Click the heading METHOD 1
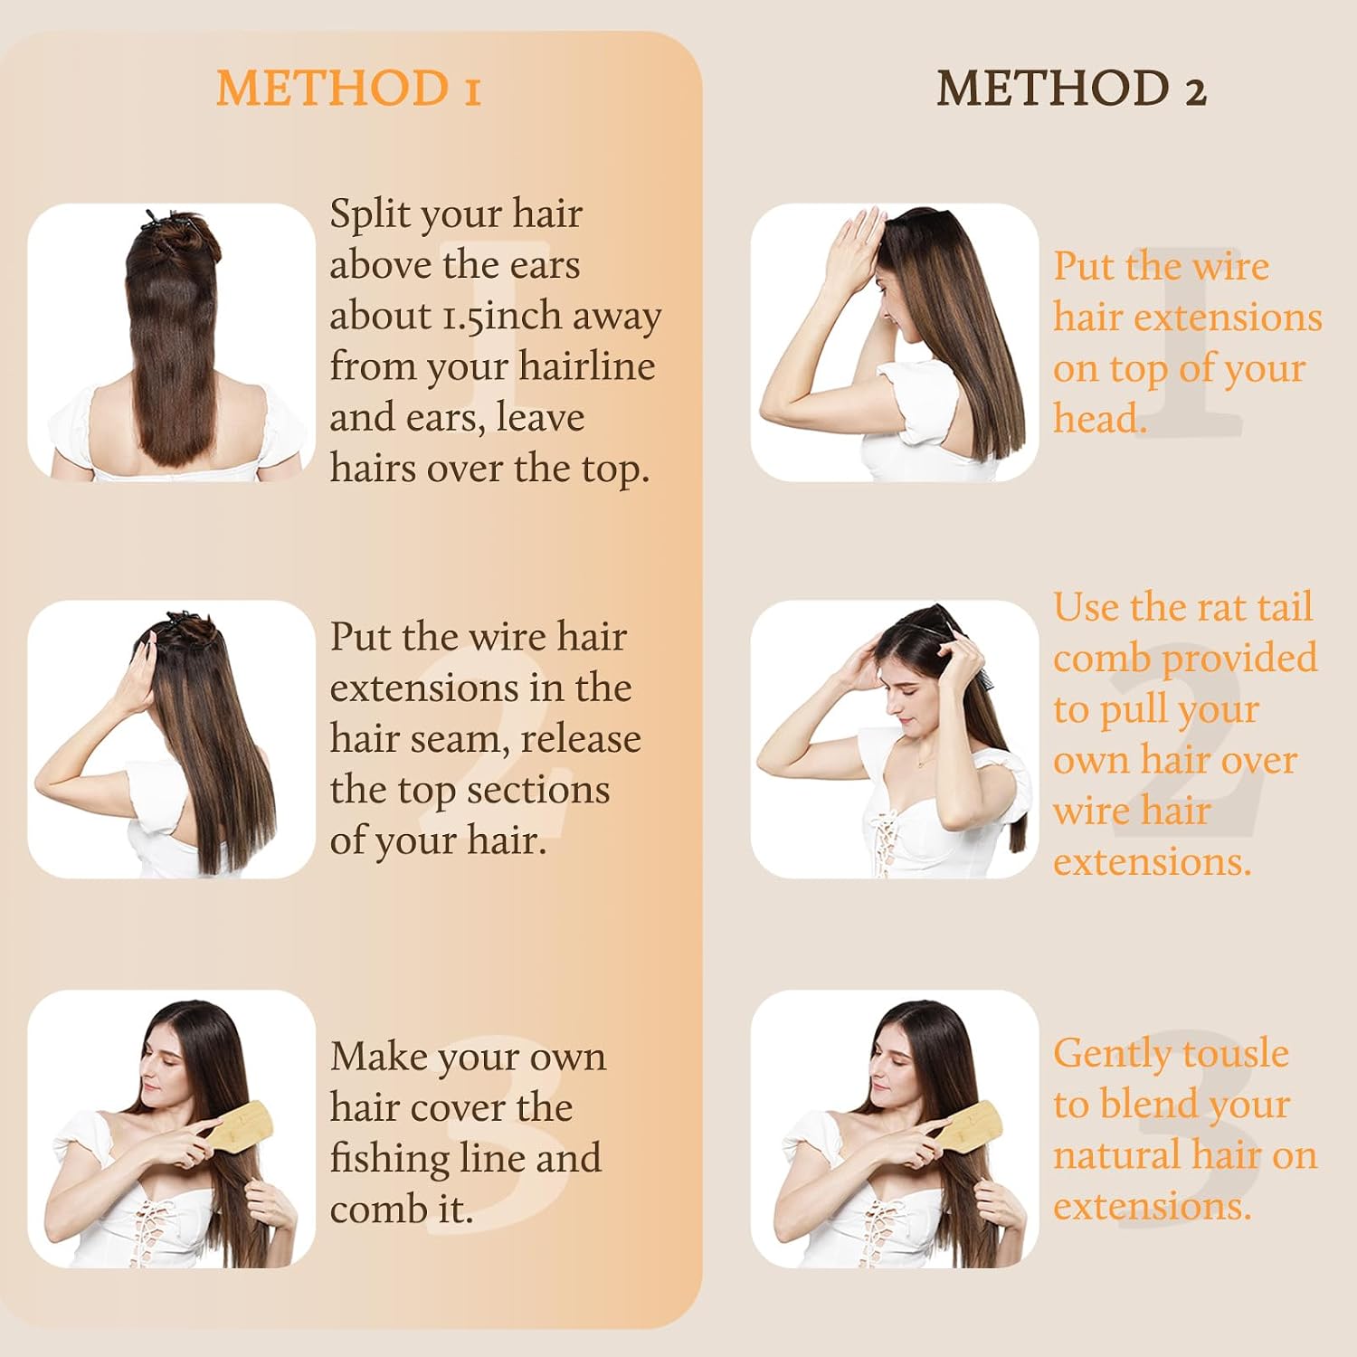pyautogui.click(x=348, y=89)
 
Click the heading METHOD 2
pyautogui.click(x=1071, y=89)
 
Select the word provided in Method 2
pyautogui.click(x=1240, y=659)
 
